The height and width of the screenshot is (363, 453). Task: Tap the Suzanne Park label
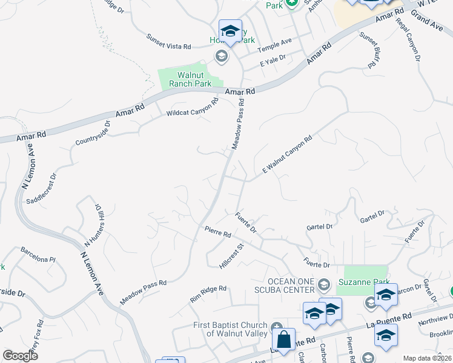365,281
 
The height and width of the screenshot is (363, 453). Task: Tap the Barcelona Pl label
38,254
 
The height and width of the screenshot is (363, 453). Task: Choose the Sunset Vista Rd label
168,42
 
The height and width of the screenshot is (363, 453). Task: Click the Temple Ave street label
274,45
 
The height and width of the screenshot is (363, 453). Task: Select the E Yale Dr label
273,60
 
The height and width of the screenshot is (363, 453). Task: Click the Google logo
19,355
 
